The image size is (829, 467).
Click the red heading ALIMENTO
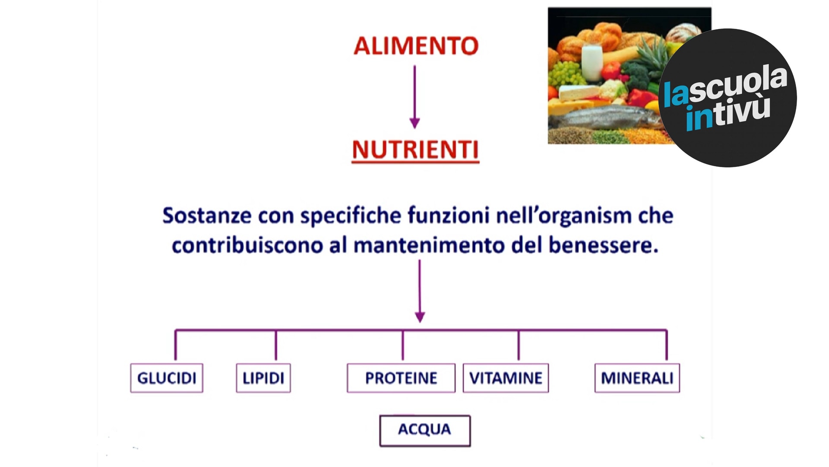pyautogui.click(x=416, y=45)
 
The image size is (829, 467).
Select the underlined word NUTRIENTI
pyautogui.click(x=415, y=150)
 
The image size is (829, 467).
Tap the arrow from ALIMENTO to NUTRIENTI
pyautogui.click(x=414, y=97)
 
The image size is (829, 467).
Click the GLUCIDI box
pyautogui.click(x=167, y=378)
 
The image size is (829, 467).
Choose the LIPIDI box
pyautogui.click(x=263, y=378)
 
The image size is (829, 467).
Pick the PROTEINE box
pyautogui.click(x=401, y=378)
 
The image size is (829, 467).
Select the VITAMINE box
pyautogui.click(x=506, y=378)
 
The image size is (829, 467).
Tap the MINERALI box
pyautogui.click(x=637, y=378)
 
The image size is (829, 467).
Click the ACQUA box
pyautogui.click(x=425, y=430)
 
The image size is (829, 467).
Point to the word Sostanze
pyautogui.click(x=206, y=215)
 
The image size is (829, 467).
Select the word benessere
pyautogui.click(x=603, y=245)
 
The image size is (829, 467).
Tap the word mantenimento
pyautogui.click(x=429, y=245)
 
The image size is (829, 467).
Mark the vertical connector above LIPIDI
pyautogui.click(x=276, y=345)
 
